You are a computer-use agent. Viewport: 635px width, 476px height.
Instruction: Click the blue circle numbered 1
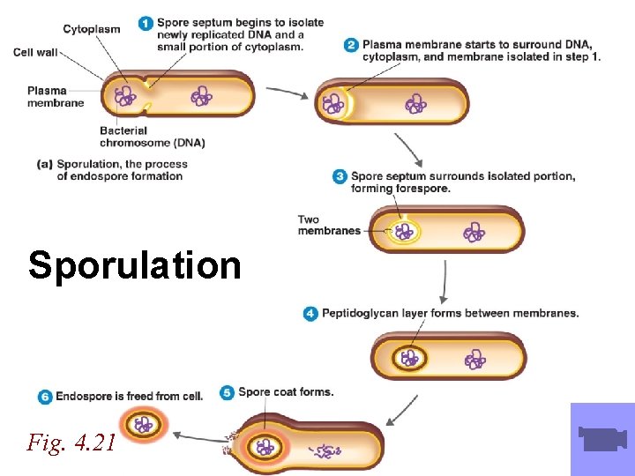(x=146, y=24)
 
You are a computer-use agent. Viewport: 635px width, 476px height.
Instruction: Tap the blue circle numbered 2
(x=351, y=44)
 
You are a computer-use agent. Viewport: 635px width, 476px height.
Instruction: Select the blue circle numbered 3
(x=340, y=177)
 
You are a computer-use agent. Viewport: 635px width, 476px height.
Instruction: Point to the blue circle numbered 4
(x=310, y=314)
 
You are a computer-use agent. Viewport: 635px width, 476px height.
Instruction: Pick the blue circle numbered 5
(x=228, y=392)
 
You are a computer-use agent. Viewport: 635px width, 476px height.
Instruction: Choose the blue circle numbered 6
(x=45, y=397)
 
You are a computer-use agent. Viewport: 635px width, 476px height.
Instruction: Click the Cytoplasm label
(x=91, y=29)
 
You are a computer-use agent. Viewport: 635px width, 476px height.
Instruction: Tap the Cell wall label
(x=35, y=53)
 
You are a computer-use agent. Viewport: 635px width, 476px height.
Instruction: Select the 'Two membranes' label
(x=328, y=226)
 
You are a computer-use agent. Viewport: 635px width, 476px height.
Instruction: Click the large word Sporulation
(x=134, y=265)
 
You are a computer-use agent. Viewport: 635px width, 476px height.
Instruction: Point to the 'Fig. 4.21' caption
(x=71, y=443)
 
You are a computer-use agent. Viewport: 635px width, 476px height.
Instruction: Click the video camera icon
(x=602, y=438)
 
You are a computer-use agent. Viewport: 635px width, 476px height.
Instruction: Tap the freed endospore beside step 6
(x=143, y=426)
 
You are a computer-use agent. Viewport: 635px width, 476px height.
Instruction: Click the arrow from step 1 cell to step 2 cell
(x=287, y=91)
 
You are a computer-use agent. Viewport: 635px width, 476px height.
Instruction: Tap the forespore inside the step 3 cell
(x=405, y=232)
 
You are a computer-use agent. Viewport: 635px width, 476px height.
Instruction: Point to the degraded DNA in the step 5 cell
(x=325, y=451)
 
